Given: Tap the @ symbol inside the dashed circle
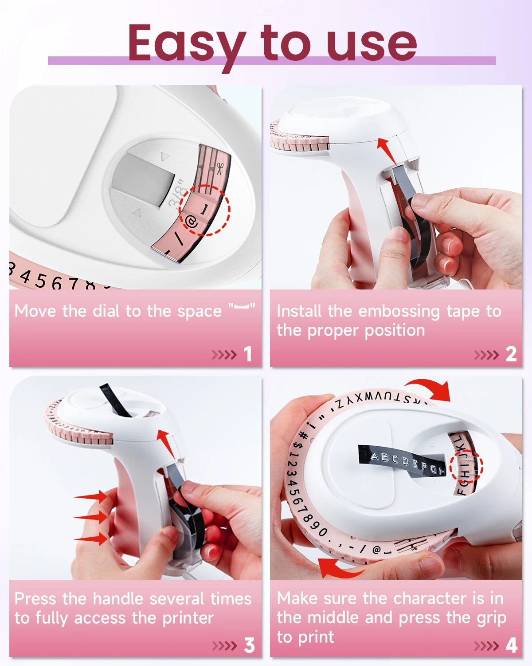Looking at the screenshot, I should pyautogui.click(x=192, y=222).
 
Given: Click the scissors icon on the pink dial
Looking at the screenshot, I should pyautogui.click(x=219, y=168).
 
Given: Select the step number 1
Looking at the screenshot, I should pyautogui.click(x=248, y=354).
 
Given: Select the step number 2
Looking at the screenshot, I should pyautogui.click(x=511, y=354).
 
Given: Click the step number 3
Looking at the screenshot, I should pyautogui.click(x=249, y=645).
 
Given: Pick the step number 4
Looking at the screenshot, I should pyautogui.click(x=511, y=645).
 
